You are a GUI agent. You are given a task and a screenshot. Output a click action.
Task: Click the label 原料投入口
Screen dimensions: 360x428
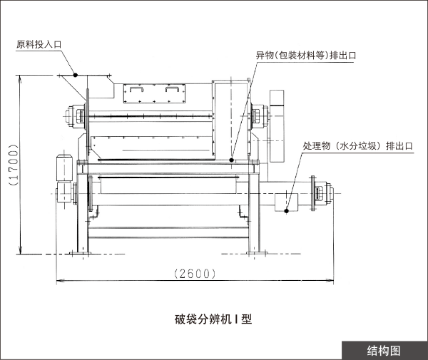coord(39,44)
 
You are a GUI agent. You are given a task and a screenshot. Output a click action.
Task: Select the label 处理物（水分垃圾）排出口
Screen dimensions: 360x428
coord(358,145)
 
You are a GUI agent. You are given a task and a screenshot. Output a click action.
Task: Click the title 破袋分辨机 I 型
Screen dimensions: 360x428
coord(213,319)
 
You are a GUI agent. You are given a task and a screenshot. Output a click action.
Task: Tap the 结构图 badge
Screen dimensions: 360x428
coord(384,350)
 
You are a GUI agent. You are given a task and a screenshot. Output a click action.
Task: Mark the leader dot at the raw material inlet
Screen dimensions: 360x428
coord(74,74)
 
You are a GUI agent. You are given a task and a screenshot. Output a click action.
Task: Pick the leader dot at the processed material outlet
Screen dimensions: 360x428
coord(287,210)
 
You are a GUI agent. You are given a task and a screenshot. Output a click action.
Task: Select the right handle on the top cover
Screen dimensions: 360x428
coord(173,91)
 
